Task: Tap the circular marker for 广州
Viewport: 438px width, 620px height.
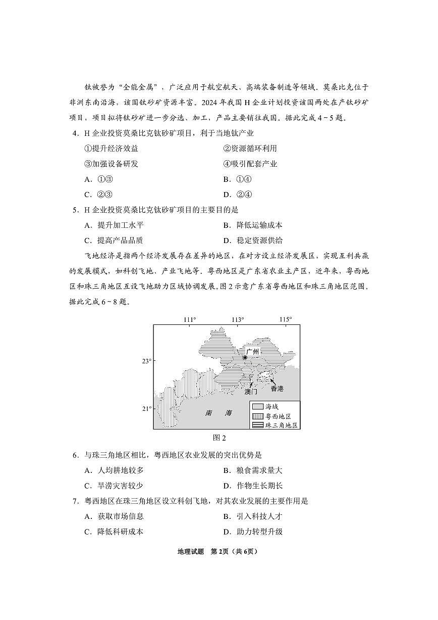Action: [x=245, y=357]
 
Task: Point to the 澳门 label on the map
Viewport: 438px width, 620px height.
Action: [x=251, y=391]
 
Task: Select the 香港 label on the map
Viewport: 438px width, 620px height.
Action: [x=277, y=388]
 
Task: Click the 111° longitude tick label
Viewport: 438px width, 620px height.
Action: [x=189, y=319]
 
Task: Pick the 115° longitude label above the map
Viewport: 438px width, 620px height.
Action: [x=286, y=319]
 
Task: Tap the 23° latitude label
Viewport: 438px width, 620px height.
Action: [x=146, y=361]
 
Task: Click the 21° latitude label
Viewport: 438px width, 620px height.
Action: [x=146, y=409]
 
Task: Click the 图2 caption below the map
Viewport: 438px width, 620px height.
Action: [x=219, y=438]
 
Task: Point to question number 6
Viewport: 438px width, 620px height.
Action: [x=75, y=455]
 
